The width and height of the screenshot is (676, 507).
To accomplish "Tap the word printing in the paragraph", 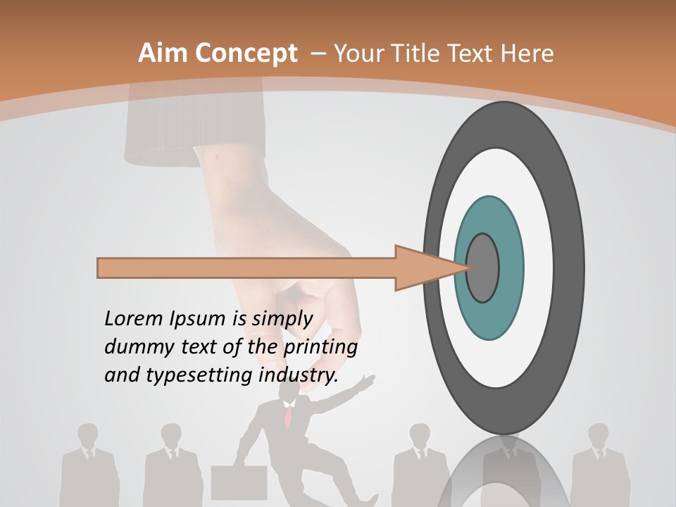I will pos(320,349).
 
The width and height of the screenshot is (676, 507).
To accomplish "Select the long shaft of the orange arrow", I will pos(246,268).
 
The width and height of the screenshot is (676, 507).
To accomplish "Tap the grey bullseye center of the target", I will pos(483,268).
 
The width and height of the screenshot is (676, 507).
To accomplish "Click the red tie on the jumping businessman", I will pos(288,420).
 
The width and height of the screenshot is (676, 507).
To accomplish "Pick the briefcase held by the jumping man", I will pos(239,482).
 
